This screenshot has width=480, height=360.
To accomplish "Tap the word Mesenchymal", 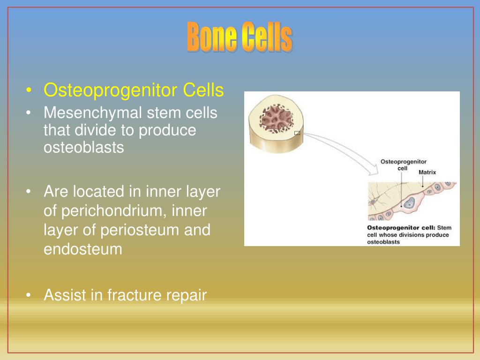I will point(93,113).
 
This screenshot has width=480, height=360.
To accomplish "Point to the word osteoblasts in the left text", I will point(84,147).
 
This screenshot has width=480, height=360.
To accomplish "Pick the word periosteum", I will point(140,230).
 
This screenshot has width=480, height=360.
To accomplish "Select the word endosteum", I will point(83,249).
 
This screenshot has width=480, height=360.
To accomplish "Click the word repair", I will point(187,295).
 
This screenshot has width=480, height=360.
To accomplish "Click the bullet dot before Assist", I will point(30,295).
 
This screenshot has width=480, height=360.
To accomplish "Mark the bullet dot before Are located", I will point(30,192).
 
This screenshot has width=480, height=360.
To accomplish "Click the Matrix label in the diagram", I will point(427,172).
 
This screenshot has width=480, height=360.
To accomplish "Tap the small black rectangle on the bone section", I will point(297,133).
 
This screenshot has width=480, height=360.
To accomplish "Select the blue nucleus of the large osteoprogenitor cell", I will point(410,203).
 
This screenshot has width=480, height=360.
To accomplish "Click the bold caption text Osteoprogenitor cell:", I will point(401,228).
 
